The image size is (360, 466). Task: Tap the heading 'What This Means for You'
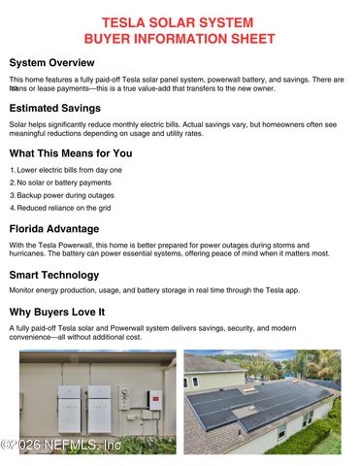pos(71,152)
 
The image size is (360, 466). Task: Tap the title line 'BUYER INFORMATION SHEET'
pos(179,38)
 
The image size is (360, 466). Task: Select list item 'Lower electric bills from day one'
pos(69,170)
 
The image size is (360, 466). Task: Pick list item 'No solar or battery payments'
pos(63,183)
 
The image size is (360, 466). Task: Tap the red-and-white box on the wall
pos(154,398)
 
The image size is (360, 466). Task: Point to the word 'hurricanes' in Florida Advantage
pos(26,253)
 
